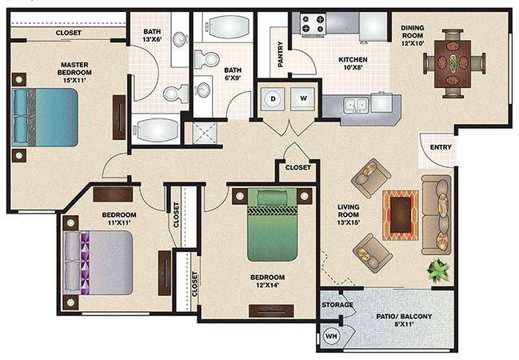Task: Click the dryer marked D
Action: click(x=273, y=98)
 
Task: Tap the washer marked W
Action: click(x=303, y=98)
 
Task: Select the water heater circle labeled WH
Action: click(x=331, y=336)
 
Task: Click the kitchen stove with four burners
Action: click(x=313, y=23)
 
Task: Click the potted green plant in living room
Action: click(x=438, y=270)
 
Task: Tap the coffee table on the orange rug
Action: click(x=401, y=214)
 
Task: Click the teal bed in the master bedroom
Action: click(x=45, y=118)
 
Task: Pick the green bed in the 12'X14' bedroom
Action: click(x=273, y=225)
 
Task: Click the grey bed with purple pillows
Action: click(x=98, y=262)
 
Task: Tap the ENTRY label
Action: click(x=441, y=147)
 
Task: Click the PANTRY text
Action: click(x=281, y=54)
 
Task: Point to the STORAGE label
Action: click(x=337, y=305)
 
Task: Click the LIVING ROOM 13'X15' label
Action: click(x=348, y=214)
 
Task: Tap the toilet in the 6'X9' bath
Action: click(x=206, y=59)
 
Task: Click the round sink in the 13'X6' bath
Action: click(x=180, y=39)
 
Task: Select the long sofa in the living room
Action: click(x=437, y=214)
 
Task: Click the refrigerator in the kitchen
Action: click(x=373, y=27)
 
